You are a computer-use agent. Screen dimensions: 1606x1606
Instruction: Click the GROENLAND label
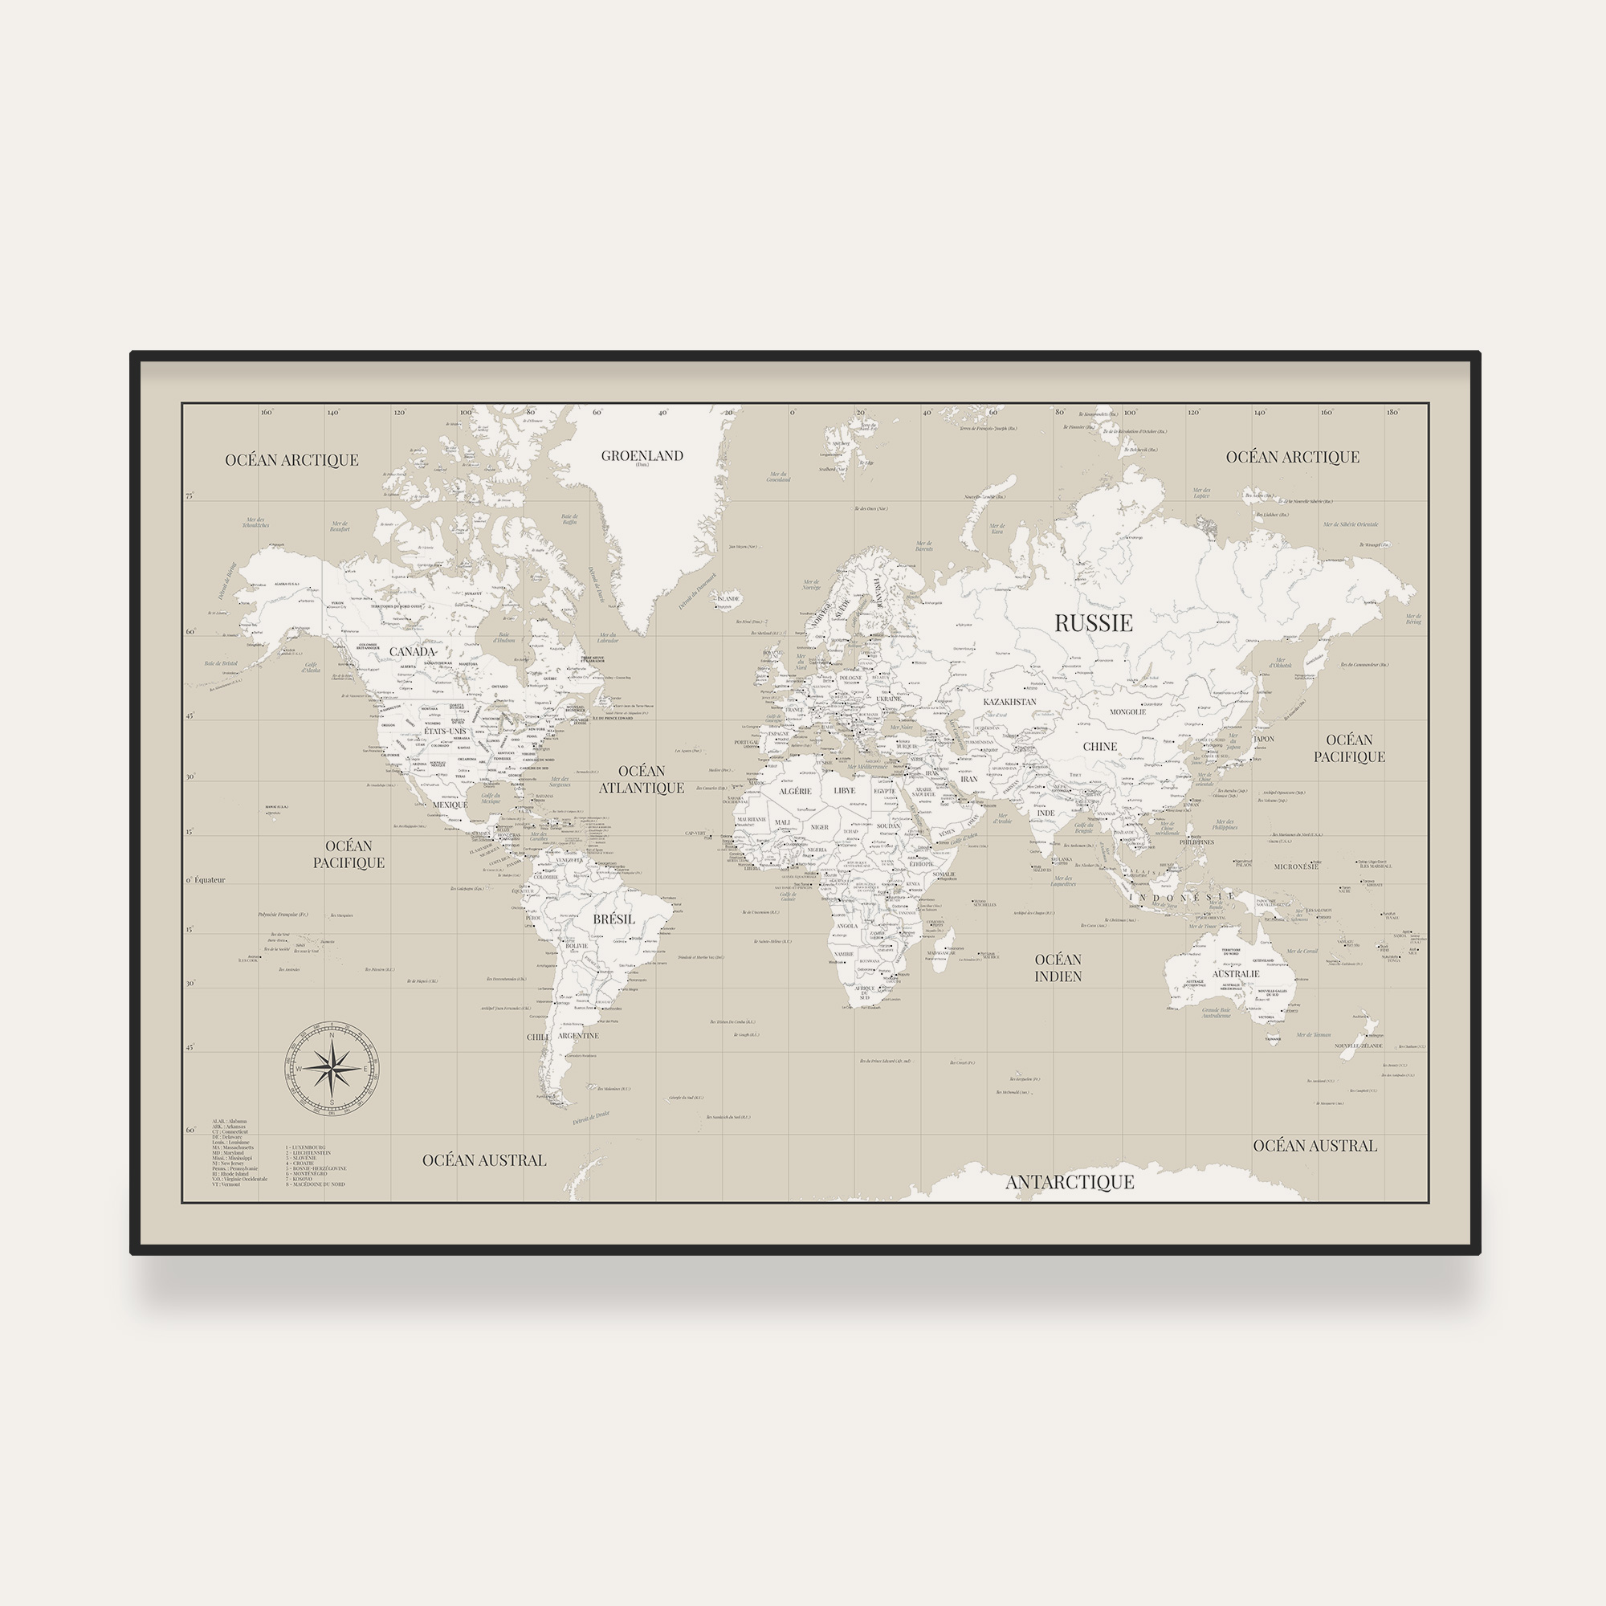pos(642,455)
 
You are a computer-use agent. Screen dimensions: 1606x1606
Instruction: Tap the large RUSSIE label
pos(1093,622)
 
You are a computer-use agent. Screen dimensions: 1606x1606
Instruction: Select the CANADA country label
pos(412,652)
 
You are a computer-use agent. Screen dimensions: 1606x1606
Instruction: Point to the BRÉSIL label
pos(613,919)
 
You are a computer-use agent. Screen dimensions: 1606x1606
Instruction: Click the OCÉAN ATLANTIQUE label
pos(642,780)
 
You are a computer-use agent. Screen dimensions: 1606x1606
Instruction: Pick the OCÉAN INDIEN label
pos(1058,968)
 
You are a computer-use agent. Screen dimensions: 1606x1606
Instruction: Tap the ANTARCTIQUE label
pos(1069,1182)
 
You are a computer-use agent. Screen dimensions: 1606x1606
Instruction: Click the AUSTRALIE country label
pos(1235,973)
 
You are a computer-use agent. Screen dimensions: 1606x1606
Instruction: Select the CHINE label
pos(1100,747)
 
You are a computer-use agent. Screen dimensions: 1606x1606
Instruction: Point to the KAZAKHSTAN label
pos(1009,702)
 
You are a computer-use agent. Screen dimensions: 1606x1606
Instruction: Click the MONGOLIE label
pos(1127,711)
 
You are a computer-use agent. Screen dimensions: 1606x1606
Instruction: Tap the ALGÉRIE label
pos(795,792)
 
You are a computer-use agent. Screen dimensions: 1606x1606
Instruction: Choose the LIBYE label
pos(844,790)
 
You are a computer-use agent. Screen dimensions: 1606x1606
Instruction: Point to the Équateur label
pos(210,879)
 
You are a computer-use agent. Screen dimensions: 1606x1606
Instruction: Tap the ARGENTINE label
pos(577,1036)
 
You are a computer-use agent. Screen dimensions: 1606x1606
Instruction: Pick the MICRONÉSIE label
pos(1296,866)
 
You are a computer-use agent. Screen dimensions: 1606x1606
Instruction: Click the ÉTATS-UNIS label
pos(446,731)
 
